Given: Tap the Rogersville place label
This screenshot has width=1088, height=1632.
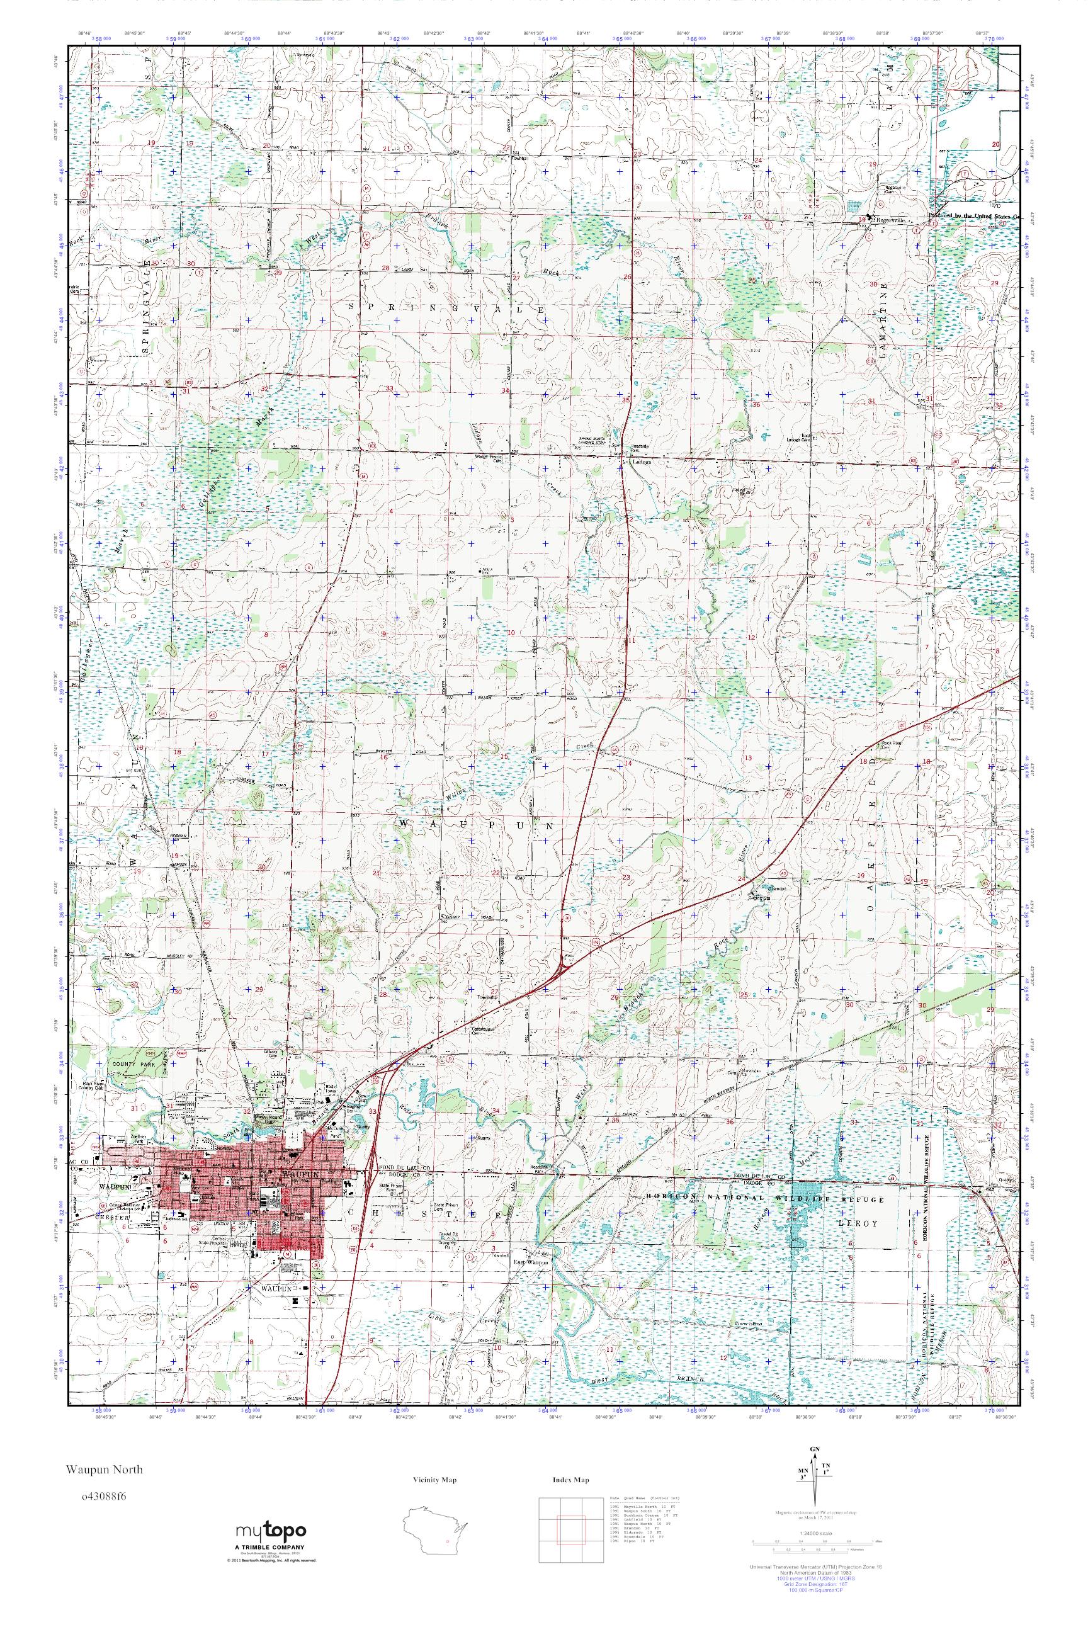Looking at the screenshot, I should (888, 220).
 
